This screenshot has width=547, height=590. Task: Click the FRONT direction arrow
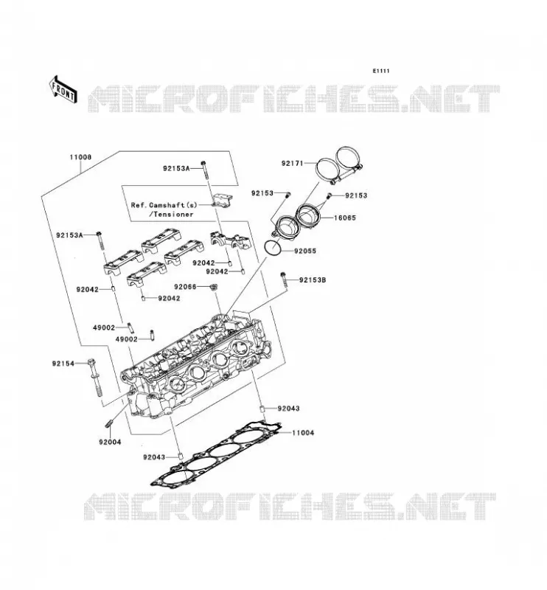tap(63, 89)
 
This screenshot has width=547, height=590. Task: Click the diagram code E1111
tap(380, 71)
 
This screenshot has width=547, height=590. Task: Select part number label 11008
tap(80, 157)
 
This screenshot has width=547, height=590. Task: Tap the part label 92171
tap(293, 163)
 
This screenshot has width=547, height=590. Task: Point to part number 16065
tap(344, 218)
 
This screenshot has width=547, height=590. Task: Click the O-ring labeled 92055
tap(272, 247)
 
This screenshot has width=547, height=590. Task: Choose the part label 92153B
tap(313, 280)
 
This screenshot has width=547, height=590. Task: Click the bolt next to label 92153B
tap(284, 280)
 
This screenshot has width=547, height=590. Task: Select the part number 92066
tap(185, 287)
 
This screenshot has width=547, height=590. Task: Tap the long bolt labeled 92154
tap(95, 378)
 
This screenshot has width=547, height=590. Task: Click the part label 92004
tap(110, 442)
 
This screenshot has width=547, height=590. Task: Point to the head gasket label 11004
tap(303, 433)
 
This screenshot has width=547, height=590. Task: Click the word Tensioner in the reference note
tap(173, 214)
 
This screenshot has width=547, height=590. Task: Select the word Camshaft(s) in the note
tap(173, 205)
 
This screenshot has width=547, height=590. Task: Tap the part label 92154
tap(63, 364)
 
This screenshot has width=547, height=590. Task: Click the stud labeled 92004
tap(108, 423)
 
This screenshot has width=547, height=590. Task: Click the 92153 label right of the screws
tap(356, 195)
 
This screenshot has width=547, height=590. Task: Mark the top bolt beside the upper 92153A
tap(204, 170)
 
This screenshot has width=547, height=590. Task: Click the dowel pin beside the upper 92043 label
tap(263, 409)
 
